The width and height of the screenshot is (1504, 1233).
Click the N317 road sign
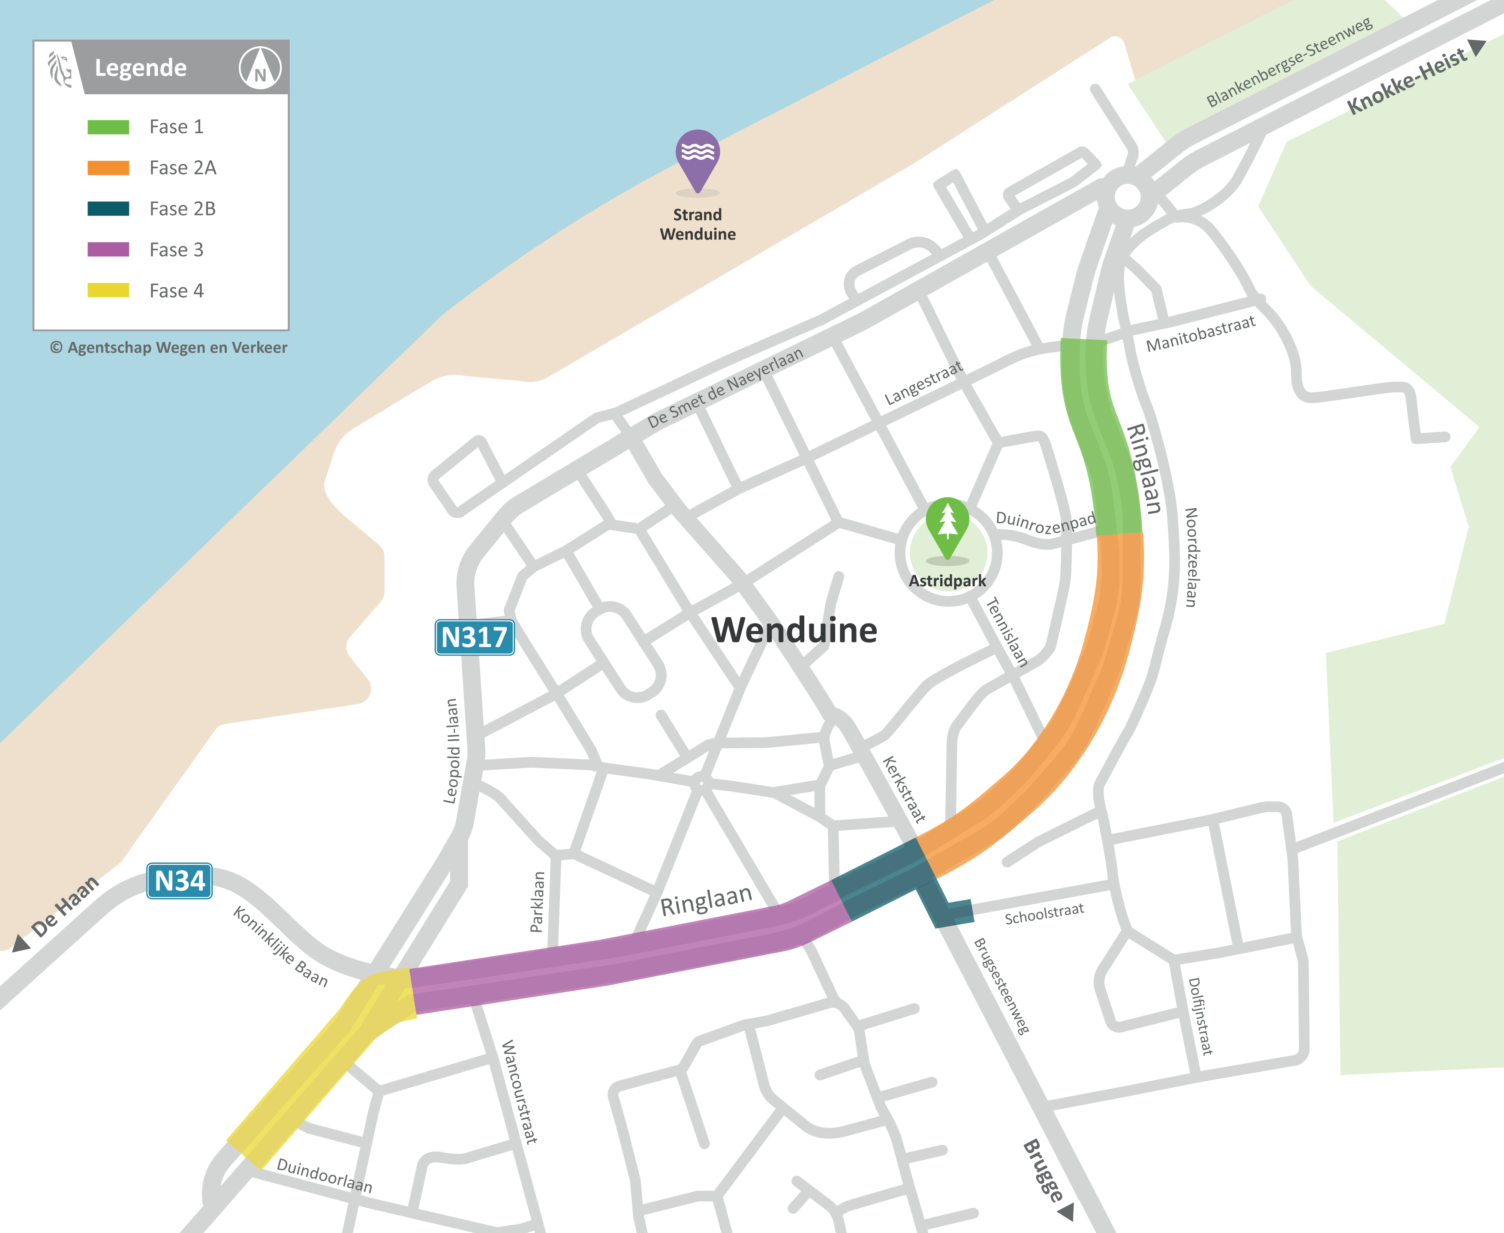[x=474, y=637]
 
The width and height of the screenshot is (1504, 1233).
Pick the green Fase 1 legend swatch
[x=108, y=127]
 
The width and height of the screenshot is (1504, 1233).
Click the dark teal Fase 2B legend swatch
[x=108, y=209]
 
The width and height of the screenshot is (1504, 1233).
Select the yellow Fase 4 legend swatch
[x=108, y=291]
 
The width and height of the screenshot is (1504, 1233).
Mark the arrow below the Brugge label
[x=1066, y=1212]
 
